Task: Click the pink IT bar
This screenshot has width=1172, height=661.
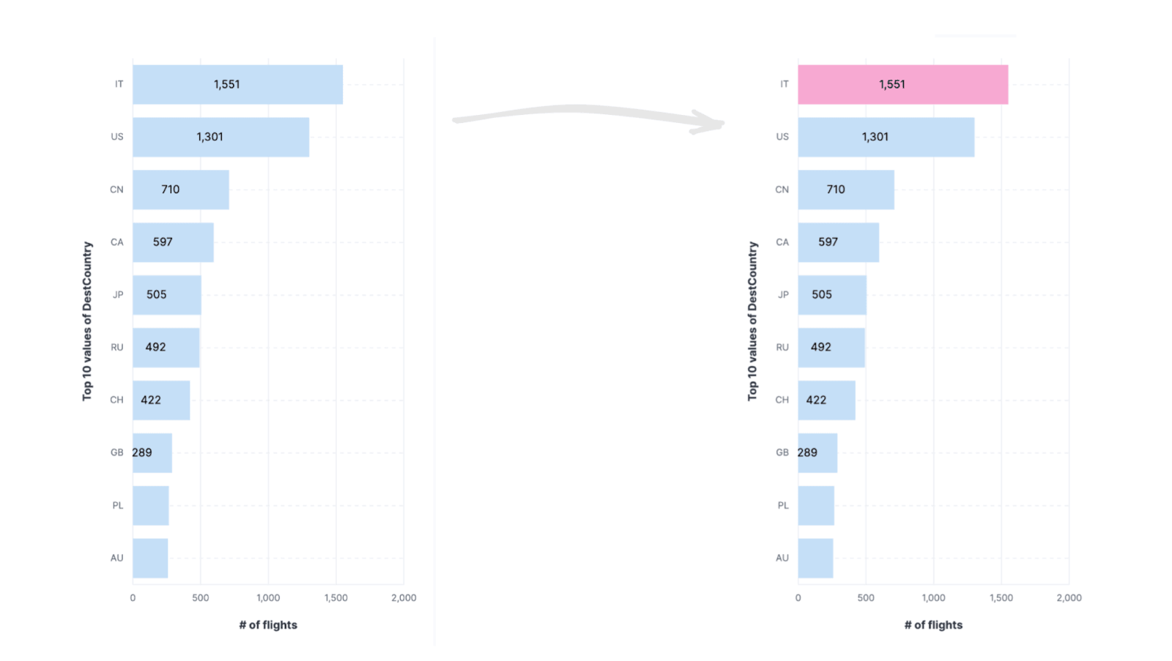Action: tap(902, 84)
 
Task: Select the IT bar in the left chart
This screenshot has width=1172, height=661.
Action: tap(237, 84)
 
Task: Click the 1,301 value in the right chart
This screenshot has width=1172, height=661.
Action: tap(875, 137)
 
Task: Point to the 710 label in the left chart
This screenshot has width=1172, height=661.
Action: tap(170, 190)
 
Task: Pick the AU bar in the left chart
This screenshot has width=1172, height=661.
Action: tap(150, 558)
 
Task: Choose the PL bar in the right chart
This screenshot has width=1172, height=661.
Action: tap(816, 505)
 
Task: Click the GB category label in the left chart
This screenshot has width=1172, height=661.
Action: tap(116, 452)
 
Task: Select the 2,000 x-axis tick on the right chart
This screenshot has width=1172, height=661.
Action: tap(1068, 598)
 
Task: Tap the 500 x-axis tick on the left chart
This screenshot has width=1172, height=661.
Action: tap(200, 598)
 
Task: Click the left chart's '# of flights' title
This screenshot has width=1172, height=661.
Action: tap(268, 625)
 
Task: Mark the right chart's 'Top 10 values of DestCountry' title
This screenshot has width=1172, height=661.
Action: tap(752, 321)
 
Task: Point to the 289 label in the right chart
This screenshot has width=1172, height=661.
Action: tap(807, 452)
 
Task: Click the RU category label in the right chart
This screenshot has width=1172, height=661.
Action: tap(782, 347)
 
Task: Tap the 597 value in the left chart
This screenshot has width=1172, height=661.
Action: tap(163, 242)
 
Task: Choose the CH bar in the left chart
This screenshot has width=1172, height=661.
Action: tap(161, 400)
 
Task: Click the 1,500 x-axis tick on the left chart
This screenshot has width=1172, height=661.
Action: tap(335, 598)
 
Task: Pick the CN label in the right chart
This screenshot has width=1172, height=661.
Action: tap(782, 190)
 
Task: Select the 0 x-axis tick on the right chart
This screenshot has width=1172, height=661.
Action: tap(798, 598)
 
